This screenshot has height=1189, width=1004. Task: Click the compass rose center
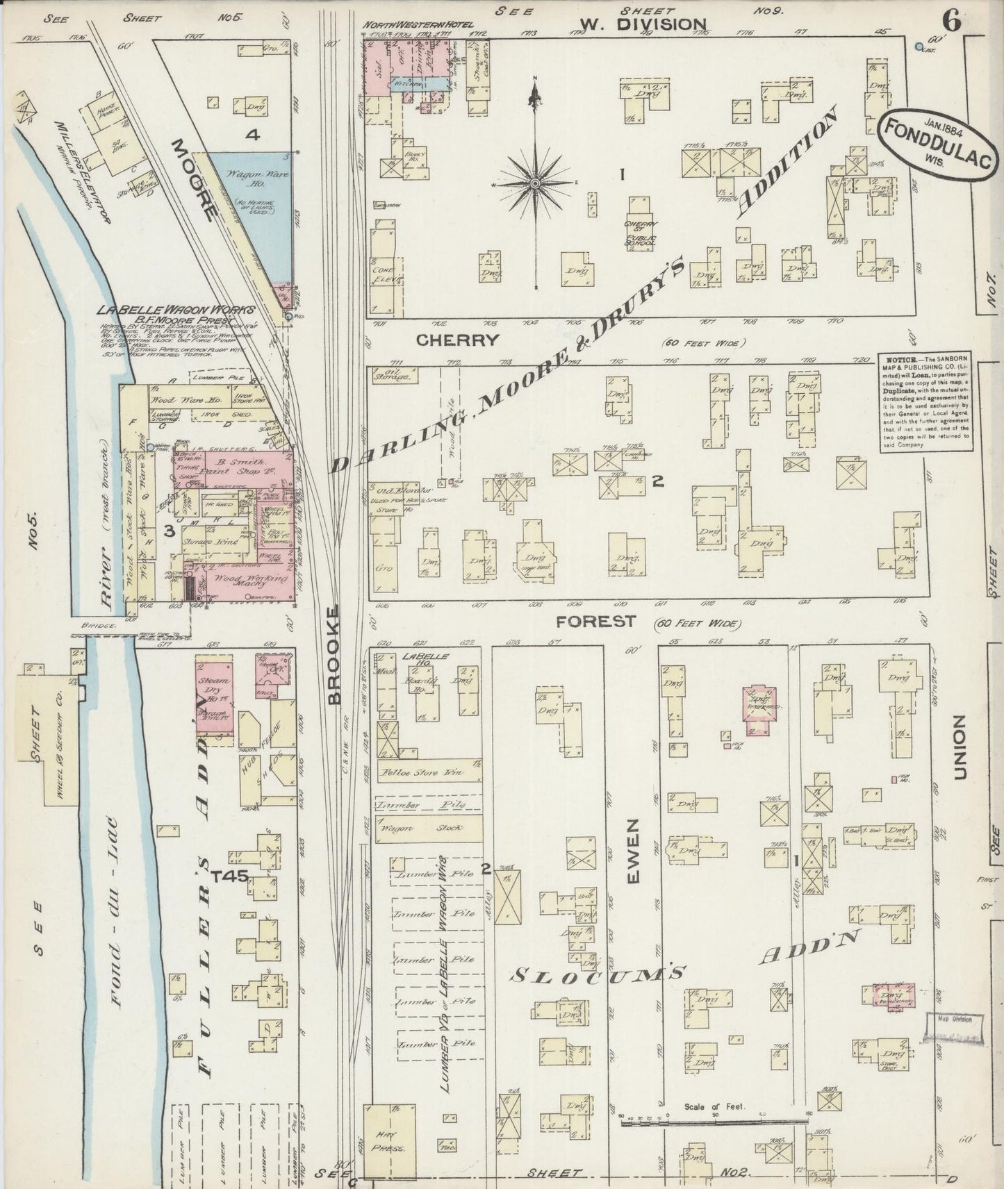pyautogui.click(x=535, y=183)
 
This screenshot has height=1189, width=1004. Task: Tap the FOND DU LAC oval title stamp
pyautogui.click(x=932, y=148)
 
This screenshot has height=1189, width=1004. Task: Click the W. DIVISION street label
pyautogui.click(x=643, y=24)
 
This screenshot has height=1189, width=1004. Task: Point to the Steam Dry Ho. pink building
pyautogui.click(x=215, y=695)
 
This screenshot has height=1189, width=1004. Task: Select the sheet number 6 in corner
pyautogui.click(x=951, y=22)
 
